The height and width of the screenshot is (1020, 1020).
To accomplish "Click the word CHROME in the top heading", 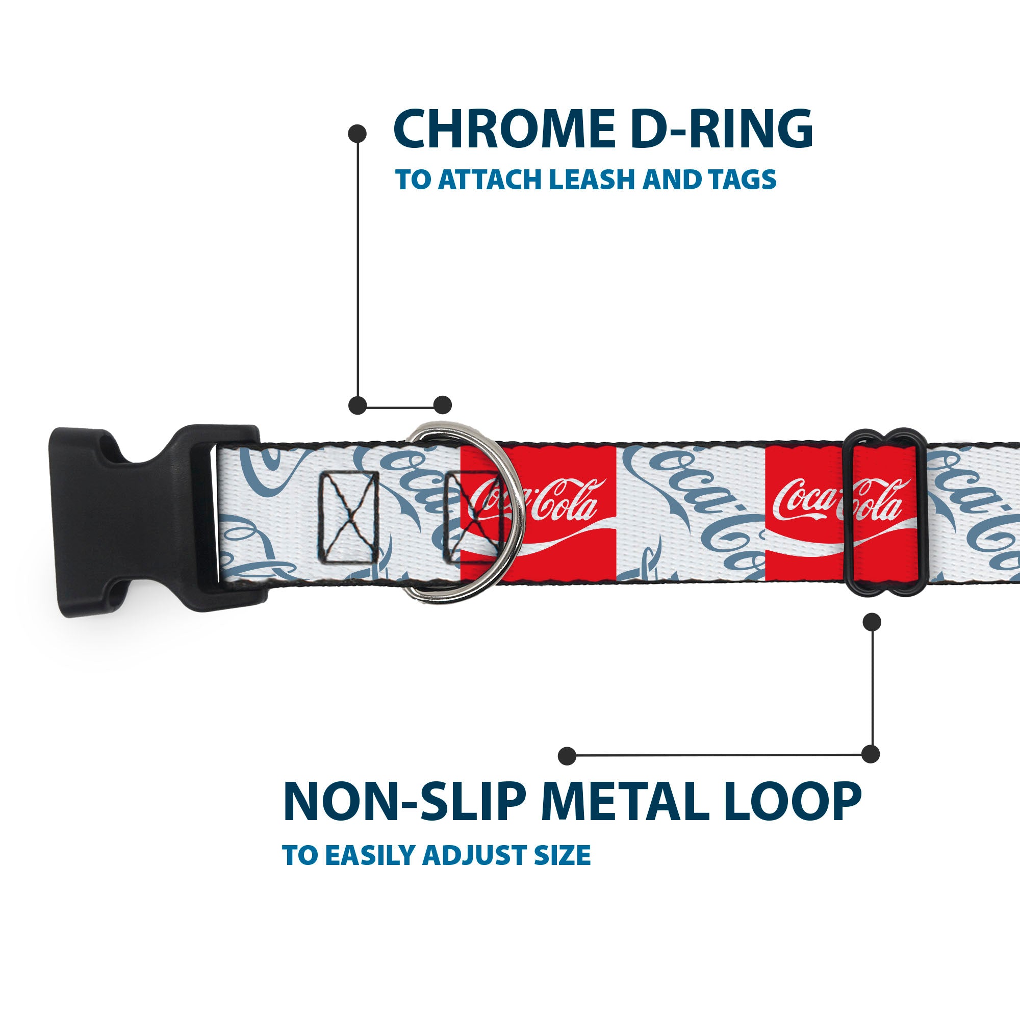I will [504, 130].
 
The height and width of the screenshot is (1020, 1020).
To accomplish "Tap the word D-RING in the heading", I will [721, 130].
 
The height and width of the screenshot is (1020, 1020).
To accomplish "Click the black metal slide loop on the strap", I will [884, 512].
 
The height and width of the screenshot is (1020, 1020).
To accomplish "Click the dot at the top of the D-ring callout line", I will [358, 134].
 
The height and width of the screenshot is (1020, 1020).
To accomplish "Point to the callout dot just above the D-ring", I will [442, 405].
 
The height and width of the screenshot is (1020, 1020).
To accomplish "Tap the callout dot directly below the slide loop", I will [872, 622].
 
